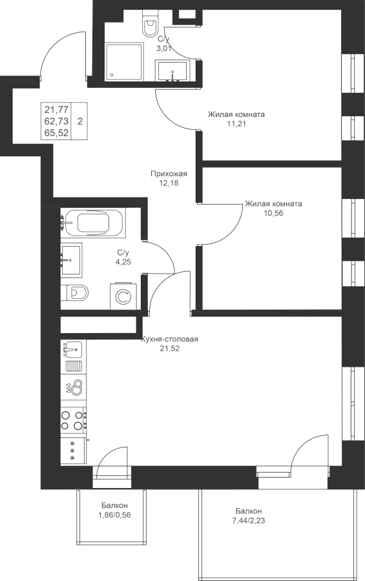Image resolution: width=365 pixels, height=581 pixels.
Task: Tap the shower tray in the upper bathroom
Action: coord(124,62)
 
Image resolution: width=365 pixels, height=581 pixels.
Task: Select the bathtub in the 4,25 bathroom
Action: coord(93,222)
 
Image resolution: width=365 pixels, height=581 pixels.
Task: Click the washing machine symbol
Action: coord(123,296)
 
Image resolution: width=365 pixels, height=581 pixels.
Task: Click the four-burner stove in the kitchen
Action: coord(74,420)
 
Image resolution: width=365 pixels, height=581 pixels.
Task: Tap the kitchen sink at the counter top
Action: coord(74,350)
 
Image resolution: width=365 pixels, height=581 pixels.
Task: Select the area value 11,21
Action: coord(236,124)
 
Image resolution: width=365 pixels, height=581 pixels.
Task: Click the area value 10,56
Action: coord(274,213)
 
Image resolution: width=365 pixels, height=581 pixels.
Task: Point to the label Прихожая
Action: coord(169,174)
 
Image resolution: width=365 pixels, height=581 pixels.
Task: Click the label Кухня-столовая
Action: coord(170,339)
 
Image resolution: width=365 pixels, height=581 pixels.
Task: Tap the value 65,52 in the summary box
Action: coord(56,133)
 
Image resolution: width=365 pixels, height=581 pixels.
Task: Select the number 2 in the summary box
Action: coord(80,121)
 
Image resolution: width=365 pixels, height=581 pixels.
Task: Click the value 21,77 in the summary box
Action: coord(56,109)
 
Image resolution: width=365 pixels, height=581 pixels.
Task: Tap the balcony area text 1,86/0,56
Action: coord(114,515)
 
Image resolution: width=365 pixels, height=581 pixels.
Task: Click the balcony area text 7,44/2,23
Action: coord(249,520)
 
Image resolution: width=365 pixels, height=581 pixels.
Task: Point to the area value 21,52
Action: coord(170,349)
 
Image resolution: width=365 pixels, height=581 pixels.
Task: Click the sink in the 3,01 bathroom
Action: coord(173,71)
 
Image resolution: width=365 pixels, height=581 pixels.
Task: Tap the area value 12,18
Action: coord(169,183)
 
